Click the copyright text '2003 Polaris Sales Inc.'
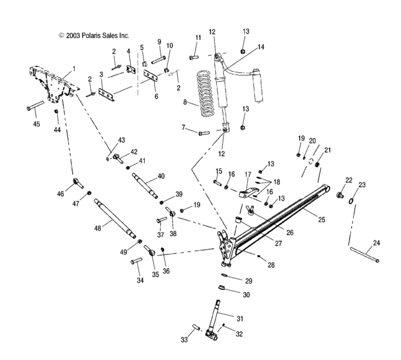coord(93,36)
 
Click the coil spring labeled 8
coord(207,95)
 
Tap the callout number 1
coord(73,68)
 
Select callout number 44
coord(57,129)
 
